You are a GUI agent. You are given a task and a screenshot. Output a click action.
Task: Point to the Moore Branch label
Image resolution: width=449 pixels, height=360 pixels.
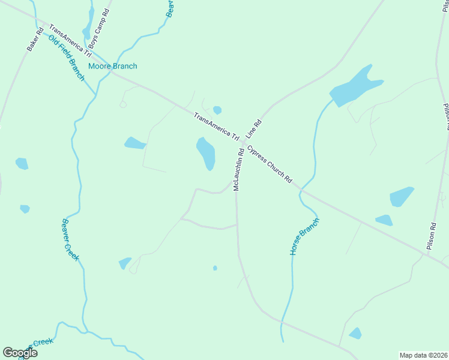(x=112, y=66)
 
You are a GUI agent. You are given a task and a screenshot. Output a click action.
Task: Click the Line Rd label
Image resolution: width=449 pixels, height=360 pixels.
(x=255, y=130)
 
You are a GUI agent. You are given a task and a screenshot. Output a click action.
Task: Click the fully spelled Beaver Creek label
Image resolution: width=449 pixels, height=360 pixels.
(x=70, y=238)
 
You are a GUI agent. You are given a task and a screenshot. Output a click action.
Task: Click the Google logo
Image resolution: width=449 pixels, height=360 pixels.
(x=20, y=353)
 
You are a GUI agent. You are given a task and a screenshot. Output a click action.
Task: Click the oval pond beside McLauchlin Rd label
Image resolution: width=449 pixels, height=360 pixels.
(x=206, y=153)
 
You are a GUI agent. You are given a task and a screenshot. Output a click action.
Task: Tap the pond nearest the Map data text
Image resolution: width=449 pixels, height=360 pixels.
(x=355, y=333)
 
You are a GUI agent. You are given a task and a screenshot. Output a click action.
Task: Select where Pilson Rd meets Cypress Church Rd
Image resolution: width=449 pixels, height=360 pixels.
(x=427, y=256)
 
